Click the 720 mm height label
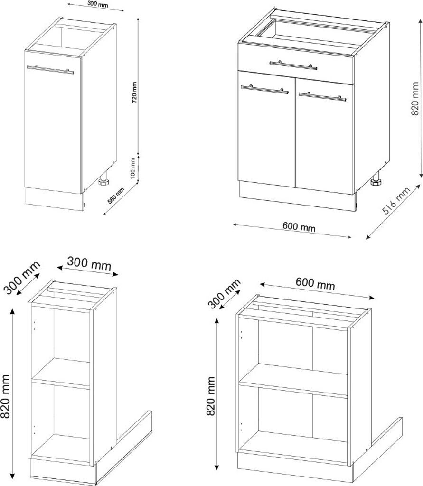[x=134, y=93]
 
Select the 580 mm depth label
[x=116, y=196]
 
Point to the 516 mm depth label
[x=396, y=201]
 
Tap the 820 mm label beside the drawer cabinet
[x=415, y=99]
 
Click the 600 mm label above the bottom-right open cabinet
[x=315, y=284]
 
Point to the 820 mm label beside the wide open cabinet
[x=211, y=396]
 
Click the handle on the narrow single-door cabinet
[x=50, y=70]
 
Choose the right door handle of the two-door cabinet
[x=322, y=97]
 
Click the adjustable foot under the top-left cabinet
[x=104, y=181]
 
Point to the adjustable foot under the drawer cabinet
[x=376, y=181]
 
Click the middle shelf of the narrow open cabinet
[x=61, y=374]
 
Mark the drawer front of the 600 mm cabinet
[x=295, y=64]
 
